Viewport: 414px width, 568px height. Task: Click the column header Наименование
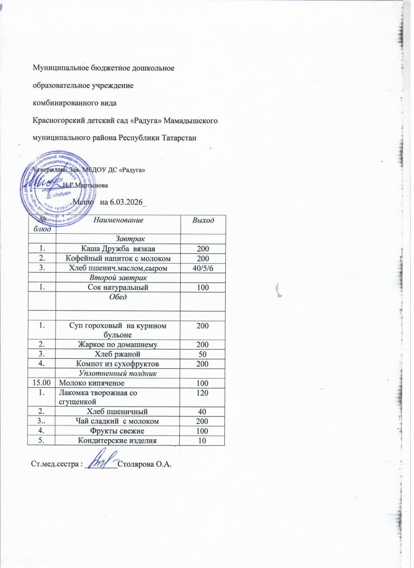point(118,220)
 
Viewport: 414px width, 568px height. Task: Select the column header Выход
point(202,221)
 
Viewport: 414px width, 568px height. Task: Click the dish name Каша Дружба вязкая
point(118,248)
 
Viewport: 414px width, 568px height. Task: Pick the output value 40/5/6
point(202,269)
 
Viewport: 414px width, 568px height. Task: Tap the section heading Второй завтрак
point(118,278)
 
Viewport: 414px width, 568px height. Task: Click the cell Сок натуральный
point(118,287)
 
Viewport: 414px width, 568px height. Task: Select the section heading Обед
point(118,297)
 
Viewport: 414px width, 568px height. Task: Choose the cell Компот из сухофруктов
point(118,364)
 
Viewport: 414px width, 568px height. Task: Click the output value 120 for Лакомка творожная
point(202,392)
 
